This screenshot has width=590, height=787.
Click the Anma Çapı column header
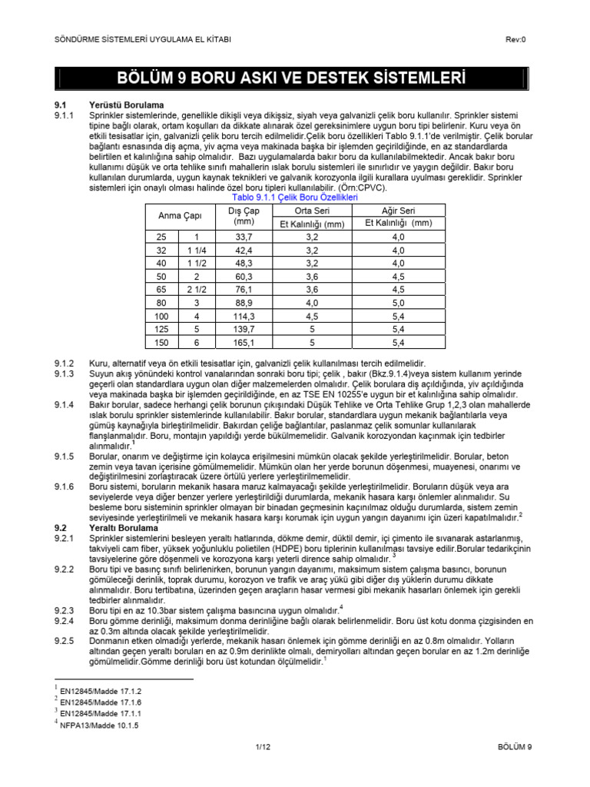click(175, 216)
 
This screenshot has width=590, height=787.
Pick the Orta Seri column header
click(311, 210)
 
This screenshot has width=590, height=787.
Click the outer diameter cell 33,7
click(244, 237)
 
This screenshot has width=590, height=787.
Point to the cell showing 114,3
click(244, 315)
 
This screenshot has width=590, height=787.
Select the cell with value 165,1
click(244, 341)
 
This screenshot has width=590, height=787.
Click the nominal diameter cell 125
click(161, 328)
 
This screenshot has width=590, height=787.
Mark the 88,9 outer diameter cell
click(244, 302)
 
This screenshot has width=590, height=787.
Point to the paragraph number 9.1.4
click(63, 403)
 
